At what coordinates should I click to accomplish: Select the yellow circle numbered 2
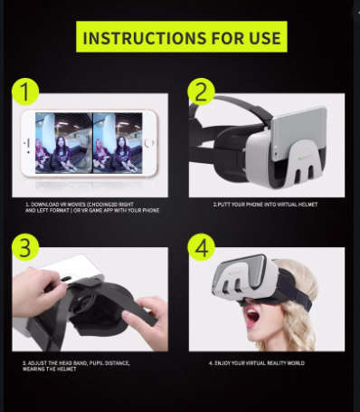point(200,91)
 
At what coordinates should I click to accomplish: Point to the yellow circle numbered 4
point(200,247)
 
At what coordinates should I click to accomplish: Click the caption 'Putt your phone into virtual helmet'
point(267,205)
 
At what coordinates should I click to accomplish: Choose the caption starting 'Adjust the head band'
point(76,365)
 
